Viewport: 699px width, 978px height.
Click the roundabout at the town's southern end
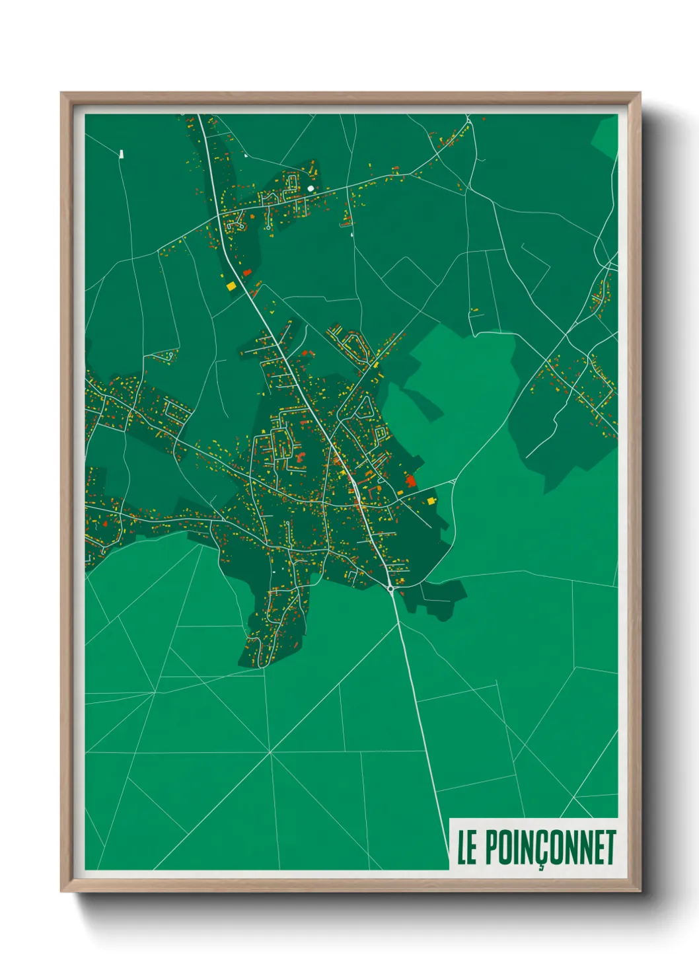(x=391, y=587)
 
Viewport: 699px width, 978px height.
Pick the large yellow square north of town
(x=231, y=286)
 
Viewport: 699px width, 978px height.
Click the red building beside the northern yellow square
(x=247, y=272)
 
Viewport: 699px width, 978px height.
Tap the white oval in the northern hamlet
(x=311, y=188)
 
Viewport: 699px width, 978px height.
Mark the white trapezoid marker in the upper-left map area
(x=121, y=154)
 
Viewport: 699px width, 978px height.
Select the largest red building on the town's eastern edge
(x=411, y=480)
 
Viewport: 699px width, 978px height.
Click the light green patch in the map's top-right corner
(x=605, y=137)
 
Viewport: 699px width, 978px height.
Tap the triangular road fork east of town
(x=453, y=482)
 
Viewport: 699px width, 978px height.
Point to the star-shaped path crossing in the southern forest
(x=270, y=752)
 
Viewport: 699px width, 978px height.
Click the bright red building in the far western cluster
(x=105, y=523)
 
